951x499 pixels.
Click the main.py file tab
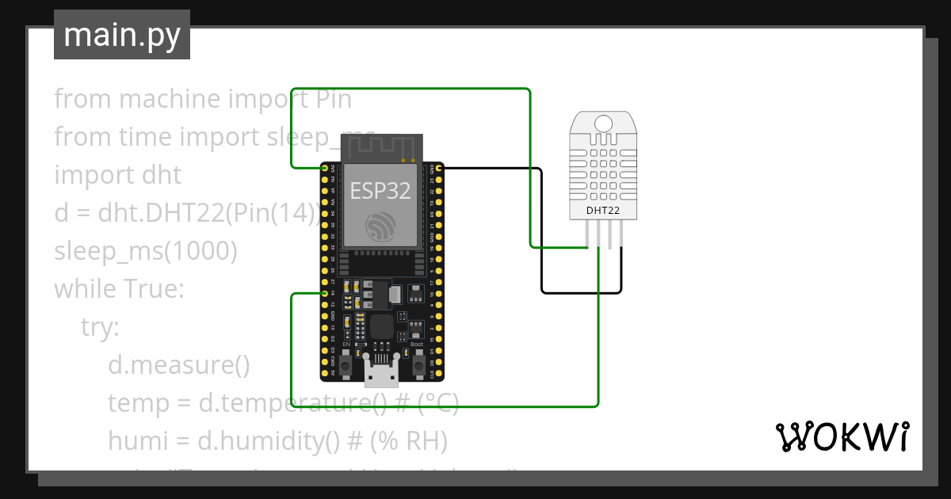(x=122, y=35)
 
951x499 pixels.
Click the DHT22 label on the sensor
(x=603, y=211)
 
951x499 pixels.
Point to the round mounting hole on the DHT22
(x=603, y=124)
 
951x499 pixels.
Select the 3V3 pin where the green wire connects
(x=325, y=169)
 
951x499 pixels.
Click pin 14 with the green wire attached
(x=325, y=294)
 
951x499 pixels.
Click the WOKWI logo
(x=841, y=436)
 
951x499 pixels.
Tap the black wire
(x=541, y=238)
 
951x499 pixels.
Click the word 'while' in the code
(x=85, y=289)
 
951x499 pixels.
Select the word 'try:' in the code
(x=100, y=327)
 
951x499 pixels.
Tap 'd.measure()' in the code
(x=179, y=365)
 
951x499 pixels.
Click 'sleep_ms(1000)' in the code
(x=146, y=251)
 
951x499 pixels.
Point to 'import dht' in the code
(x=117, y=175)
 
